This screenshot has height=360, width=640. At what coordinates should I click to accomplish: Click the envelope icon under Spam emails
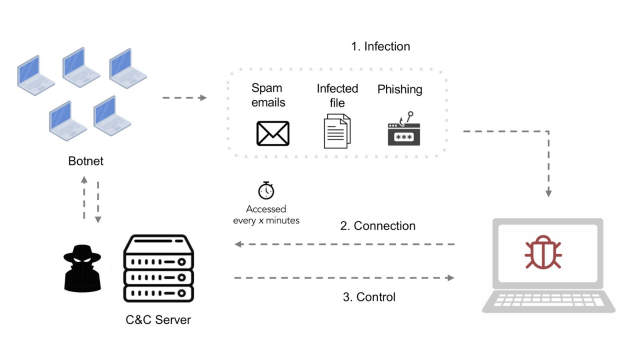pos(273,133)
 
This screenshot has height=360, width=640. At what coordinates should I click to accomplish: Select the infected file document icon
pos(337,132)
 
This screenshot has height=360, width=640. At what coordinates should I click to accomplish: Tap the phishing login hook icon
pos(403,131)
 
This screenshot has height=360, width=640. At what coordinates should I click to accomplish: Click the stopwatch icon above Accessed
pos(266,190)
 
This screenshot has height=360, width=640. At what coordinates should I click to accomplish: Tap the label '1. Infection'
pos(380,46)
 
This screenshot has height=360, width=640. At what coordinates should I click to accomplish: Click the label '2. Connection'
pos(377,226)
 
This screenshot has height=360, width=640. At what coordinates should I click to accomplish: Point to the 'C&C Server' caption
pos(156,320)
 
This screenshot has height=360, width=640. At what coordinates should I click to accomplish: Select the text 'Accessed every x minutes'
pos(266,214)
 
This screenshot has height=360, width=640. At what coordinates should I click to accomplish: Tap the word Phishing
pos(399,89)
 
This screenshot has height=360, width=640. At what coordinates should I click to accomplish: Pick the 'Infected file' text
pos(337,95)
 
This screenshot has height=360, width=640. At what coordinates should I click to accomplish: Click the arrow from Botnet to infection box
pos(182,98)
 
